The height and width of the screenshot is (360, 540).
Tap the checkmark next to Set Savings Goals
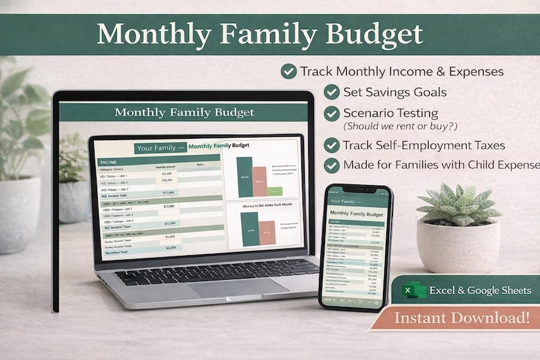point(331,92)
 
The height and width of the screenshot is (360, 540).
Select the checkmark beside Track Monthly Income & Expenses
point(288,71)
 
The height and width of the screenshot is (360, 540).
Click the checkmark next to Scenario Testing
point(331,113)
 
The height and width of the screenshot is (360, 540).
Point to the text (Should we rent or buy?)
point(391,126)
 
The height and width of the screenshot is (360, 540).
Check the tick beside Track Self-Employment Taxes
point(331,145)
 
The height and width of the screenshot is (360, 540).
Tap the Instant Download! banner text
point(462,317)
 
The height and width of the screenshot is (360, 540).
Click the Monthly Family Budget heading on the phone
point(355,214)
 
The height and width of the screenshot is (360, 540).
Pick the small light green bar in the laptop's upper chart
point(275,191)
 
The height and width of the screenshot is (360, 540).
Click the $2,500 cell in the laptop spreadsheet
point(167,174)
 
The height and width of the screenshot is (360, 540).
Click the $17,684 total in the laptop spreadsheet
point(167,193)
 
